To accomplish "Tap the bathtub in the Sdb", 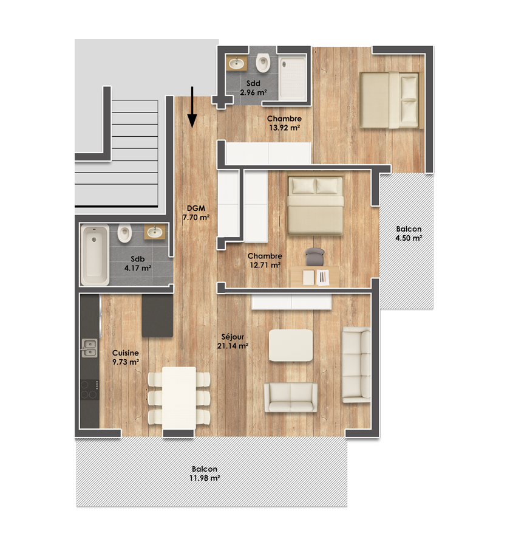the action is [x=95, y=255].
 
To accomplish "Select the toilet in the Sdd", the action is [x=263, y=63].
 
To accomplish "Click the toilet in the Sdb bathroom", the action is [x=124, y=233].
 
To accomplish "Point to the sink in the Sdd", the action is [x=237, y=63].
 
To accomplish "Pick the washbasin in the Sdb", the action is [x=155, y=232].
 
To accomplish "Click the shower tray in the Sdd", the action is [x=293, y=78].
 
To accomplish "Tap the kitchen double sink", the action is [x=89, y=348].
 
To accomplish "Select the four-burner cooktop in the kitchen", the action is [x=90, y=390].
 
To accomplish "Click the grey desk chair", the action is [x=314, y=256].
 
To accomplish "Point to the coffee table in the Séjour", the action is [x=291, y=345].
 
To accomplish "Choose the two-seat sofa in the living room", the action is [x=291, y=397].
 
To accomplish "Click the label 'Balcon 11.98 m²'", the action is [x=205, y=473].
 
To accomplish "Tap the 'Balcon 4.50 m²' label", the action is [x=409, y=233].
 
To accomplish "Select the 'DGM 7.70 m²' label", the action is [x=196, y=213].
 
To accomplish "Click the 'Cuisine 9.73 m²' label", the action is [x=126, y=357].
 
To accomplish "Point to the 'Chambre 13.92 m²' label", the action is [x=285, y=123].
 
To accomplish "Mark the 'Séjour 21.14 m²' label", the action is [x=233, y=341].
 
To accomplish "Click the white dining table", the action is [x=179, y=398].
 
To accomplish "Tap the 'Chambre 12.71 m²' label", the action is [x=265, y=260].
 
